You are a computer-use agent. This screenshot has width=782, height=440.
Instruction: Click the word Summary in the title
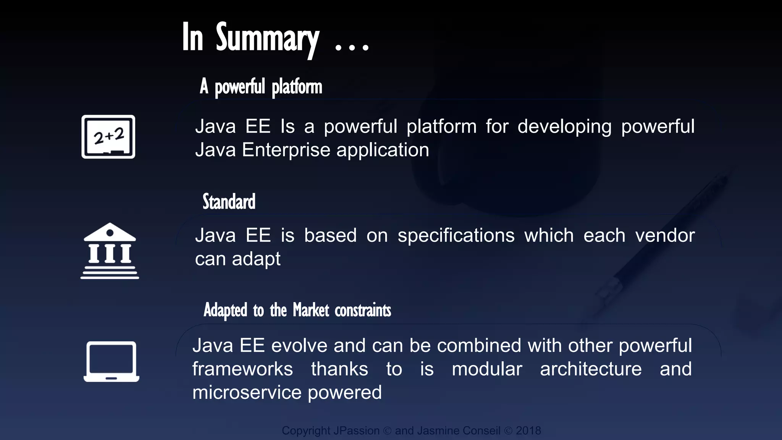pos(267,38)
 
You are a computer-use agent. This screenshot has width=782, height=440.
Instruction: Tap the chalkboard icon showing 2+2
pos(108,137)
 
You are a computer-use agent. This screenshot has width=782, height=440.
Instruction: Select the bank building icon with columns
pos(110,251)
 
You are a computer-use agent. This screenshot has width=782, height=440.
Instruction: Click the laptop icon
pos(111,361)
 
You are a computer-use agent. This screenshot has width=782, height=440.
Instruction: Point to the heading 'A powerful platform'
pos(261,87)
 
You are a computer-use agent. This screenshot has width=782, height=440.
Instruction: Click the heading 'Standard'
pos(229,202)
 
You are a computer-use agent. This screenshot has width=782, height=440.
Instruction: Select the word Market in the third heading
pos(311,310)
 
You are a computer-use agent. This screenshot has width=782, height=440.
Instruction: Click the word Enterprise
pos(286,150)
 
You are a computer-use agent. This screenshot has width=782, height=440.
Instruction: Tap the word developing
pos(564,127)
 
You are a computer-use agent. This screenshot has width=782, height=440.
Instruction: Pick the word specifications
pos(456,235)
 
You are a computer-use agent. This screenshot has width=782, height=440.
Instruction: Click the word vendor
pos(665,235)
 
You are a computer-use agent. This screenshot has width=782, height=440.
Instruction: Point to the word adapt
pos(256,259)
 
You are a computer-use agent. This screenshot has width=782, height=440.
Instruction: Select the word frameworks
pos(242,369)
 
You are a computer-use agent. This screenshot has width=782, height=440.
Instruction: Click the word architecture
pos(591,369)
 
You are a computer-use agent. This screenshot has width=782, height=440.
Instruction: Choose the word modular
pos(487,369)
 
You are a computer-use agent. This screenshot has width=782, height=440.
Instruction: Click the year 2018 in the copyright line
pos(528,430)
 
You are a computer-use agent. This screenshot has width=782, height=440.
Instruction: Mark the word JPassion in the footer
pos(357,430)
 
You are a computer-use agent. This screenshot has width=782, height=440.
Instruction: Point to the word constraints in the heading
pos(363,310)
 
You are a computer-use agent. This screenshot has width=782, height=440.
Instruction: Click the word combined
pos(479,346)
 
